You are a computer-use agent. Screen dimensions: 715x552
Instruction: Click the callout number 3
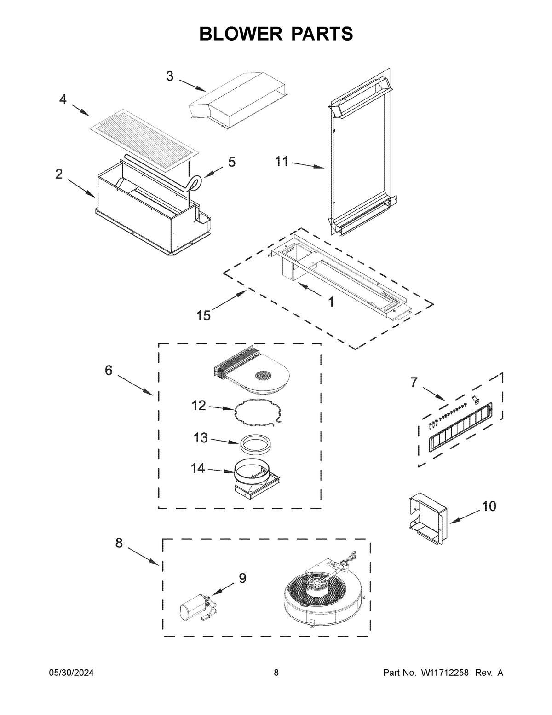pyautogui.click(x=170, y=76)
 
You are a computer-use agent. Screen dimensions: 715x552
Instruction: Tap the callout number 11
pyautogui.click(x=282, y=162)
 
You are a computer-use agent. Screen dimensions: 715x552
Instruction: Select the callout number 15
pyautogui.click(x=203, y=316)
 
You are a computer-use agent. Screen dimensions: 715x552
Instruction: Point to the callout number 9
pyautogui.click(x=242, y=578)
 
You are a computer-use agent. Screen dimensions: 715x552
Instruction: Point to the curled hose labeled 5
pyautogui.click(x=195, y=184)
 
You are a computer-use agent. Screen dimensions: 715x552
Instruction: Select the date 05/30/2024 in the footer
pyautogui.click(x=71, y=673)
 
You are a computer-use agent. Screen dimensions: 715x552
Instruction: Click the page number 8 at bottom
pyautogui.click(x=276, y=673)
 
